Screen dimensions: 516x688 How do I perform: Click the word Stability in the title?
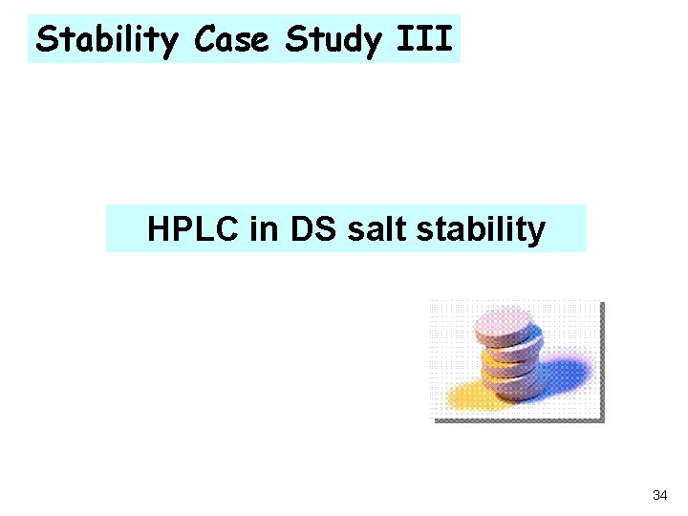tap(110, 39)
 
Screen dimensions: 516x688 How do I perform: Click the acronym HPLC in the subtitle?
tap(191, 229)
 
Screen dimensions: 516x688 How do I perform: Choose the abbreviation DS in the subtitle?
tap(300, 229)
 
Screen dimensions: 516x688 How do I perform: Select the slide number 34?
tap(659, 495)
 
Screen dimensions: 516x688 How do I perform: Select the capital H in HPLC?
tap(158, 229)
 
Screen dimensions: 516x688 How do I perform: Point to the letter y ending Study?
tap(368, 42)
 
